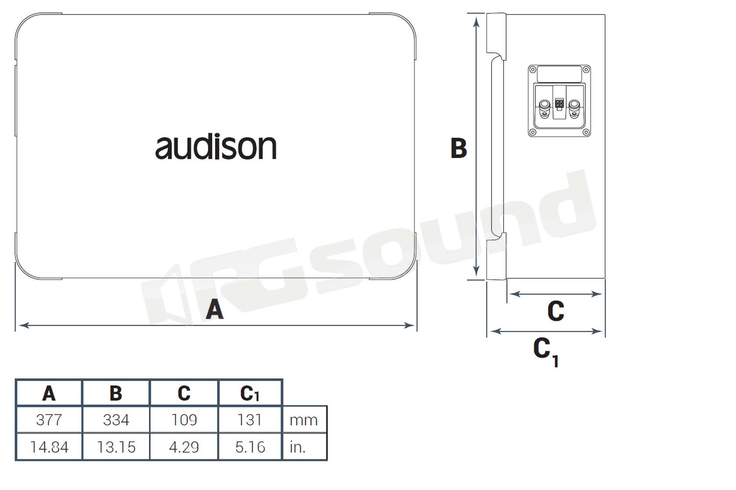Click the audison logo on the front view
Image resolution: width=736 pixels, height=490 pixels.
216,146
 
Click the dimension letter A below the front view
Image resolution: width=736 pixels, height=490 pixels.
215,309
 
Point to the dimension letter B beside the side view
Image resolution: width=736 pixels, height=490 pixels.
459,148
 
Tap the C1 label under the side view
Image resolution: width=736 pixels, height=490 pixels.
546,352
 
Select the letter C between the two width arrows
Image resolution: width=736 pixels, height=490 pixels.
556,311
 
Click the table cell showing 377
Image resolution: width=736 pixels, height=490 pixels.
49,420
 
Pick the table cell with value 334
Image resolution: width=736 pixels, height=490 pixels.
116,420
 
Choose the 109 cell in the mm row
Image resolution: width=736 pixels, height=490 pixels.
184,420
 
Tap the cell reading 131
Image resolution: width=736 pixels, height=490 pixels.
250,420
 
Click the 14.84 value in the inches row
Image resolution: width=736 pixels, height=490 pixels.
49,447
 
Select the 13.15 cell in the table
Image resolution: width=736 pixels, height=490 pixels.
116,447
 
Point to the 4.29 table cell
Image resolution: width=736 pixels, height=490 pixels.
184,447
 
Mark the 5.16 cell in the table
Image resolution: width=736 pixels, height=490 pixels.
250,447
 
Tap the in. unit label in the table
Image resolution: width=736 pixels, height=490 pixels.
297,447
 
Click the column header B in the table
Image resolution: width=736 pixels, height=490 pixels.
116,393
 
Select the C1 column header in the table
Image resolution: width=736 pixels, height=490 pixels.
250,393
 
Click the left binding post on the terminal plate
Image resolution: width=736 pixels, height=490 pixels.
544,108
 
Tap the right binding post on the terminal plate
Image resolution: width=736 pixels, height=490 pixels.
574,108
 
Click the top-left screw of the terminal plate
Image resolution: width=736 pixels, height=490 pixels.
532,70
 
